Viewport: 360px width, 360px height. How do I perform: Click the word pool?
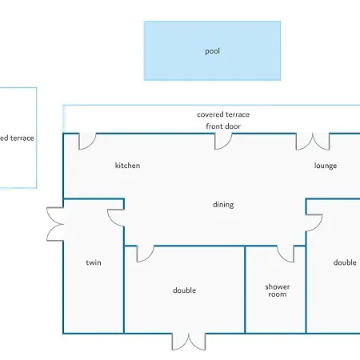point(212,51)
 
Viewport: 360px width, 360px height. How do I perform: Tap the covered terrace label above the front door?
point(222,114)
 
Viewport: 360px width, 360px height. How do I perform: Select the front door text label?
point(223,126)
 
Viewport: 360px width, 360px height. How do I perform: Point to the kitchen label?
point(127,166)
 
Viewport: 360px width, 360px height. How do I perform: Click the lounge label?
point(326,166)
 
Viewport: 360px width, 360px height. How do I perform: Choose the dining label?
point(223,205)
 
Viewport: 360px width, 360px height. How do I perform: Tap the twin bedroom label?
point(94,262)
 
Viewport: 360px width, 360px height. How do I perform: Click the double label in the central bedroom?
point(185,290)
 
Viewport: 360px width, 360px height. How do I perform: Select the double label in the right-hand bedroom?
point(345,262)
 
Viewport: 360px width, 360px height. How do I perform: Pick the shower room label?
point(278,290)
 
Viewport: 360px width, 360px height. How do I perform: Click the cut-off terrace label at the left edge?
point(17,138)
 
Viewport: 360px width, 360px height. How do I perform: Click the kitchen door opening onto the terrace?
point(86,141)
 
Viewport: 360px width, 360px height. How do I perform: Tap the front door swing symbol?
point(223,141)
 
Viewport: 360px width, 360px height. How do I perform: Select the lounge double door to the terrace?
point(313,142)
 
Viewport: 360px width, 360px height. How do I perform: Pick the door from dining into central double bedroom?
point(145,254)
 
